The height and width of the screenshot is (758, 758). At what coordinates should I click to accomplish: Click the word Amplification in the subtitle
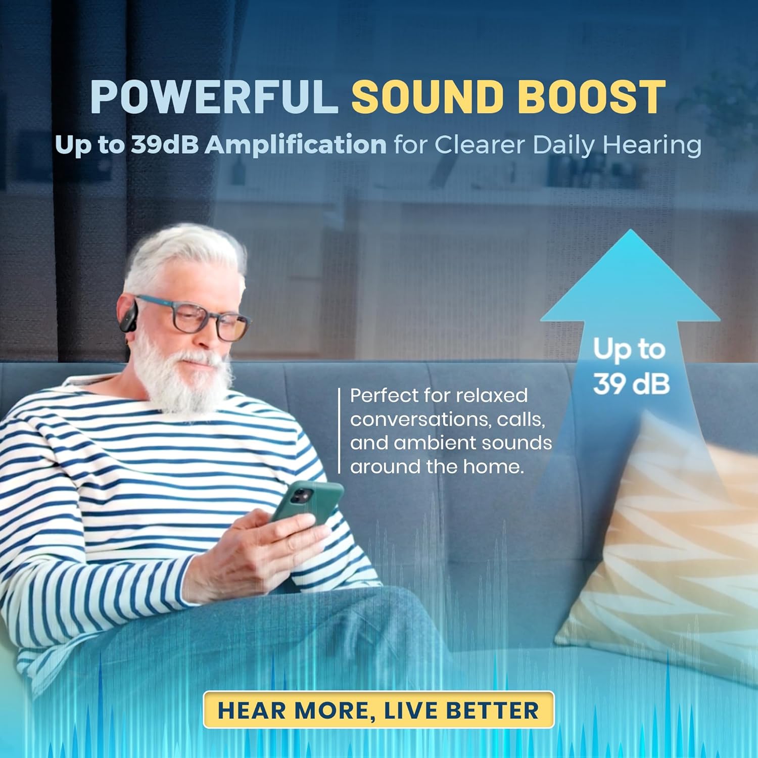296,145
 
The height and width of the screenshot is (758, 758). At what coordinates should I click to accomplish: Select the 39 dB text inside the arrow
631,384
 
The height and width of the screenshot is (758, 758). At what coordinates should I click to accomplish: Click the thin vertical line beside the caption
340,431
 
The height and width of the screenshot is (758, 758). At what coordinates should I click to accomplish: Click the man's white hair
187,253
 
